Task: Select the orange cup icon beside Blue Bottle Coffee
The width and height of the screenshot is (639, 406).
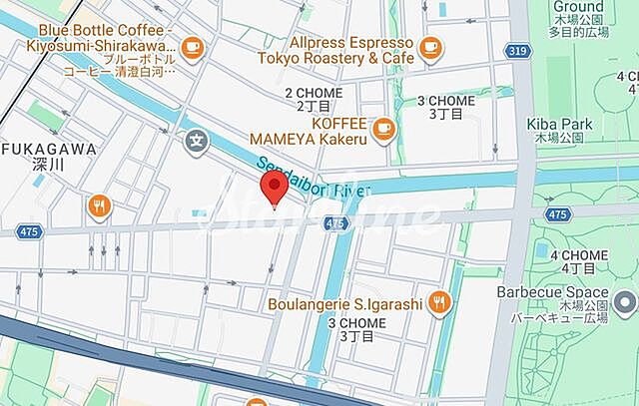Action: (193, 46)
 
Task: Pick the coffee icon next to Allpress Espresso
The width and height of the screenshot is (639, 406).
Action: (429, 45)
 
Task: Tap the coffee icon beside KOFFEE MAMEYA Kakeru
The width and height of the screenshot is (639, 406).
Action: (382, 127)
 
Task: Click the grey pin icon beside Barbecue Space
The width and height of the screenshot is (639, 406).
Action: (625, 301)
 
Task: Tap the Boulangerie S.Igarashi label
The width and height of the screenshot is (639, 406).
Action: (345, 301)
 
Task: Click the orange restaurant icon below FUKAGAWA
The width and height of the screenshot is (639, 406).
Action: (98, 206)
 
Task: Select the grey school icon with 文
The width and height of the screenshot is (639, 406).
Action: (197, 144)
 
